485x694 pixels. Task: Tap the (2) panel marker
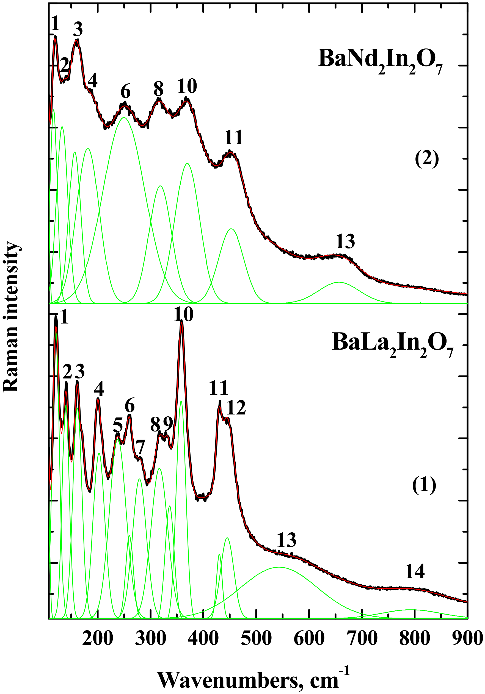pyautogui.click(x=427, y=159)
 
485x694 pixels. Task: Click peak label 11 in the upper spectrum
pyautogui.click(x=234, y=137)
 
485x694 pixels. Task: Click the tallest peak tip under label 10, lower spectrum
pyautogui.click(x=181, y=322)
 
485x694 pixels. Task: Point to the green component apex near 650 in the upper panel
pyautogui.click(x=339, y=282)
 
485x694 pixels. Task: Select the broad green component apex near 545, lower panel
pyautogui.click(x=279, y=567)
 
